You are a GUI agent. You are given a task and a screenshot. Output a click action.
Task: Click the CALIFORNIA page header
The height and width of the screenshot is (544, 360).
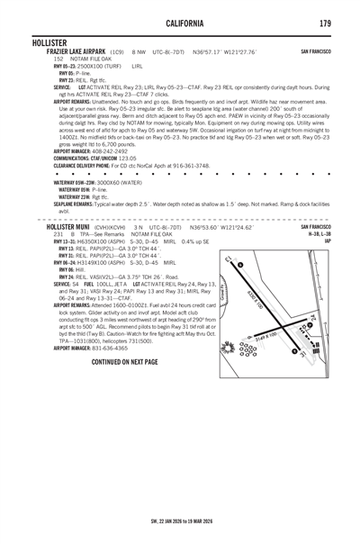tap(180, 23)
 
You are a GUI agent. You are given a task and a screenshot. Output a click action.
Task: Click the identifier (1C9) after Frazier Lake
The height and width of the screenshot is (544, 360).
tap(118, 52)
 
